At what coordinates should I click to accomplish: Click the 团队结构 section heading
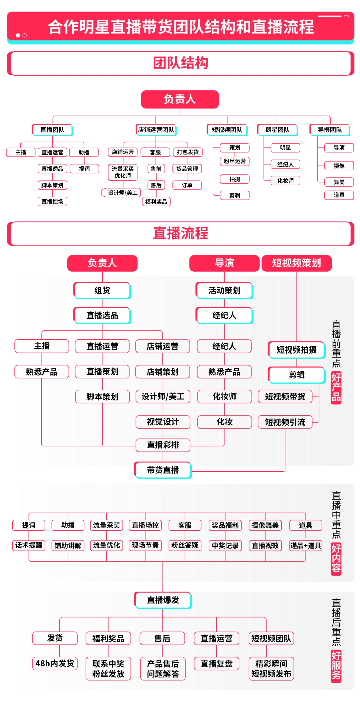[x=180, y=63]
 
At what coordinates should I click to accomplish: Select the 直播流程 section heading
[x=180, y=233]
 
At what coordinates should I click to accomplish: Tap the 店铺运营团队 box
[x=156, y=130]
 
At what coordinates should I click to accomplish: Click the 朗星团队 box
[x=277, y=130]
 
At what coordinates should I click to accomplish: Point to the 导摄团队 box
[x=330, y=130]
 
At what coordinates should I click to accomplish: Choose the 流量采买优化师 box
[x=123, y=172]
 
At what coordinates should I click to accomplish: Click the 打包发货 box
[x=188, y=152]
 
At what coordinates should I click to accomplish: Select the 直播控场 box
[x=52, y=202]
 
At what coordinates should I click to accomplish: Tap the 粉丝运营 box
[x=235, y=161]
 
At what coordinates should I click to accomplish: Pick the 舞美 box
[x=339, y=182]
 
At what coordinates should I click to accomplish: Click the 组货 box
[x=102, y=290]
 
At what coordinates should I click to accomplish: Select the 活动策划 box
[x=224, y=290]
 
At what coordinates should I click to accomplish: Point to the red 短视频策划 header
[x=297, y=263]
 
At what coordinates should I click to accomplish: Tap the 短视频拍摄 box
[x=297, y=350]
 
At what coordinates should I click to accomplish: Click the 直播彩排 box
[x=163, y=445]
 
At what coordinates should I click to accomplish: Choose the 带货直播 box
[x=163, y=470]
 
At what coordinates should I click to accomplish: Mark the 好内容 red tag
[x=336, y=559]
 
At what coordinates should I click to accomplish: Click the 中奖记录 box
[x=225, y=546]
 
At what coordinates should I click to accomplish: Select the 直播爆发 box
[x=163, y=600]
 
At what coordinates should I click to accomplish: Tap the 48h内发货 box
[x=55, y=663]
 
